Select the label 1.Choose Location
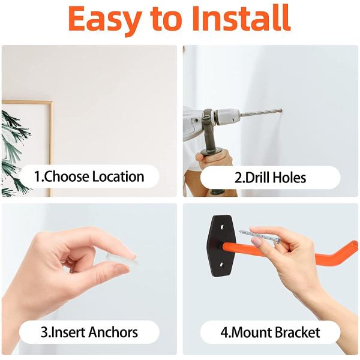89,177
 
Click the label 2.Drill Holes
270,178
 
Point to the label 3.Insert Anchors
89,332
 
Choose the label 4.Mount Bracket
270,332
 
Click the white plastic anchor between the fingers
120,263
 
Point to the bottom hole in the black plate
221,265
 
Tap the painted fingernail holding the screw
257,241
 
